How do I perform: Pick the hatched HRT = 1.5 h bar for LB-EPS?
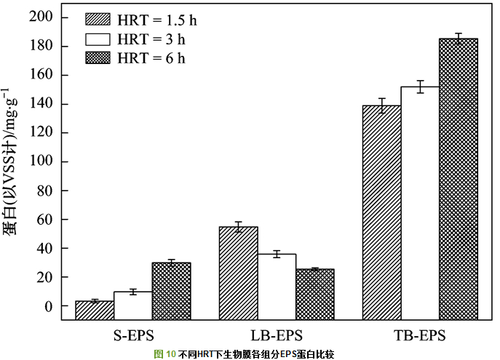coord(239,273)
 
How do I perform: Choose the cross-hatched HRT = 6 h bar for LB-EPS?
coord(314,295)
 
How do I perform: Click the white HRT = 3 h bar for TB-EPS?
coord(420,203)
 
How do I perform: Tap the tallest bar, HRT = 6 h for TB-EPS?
coord(459,179)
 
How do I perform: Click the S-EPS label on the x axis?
coord(132,336)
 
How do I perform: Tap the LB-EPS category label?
coord(277,336)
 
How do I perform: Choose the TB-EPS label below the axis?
coord(421,336)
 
